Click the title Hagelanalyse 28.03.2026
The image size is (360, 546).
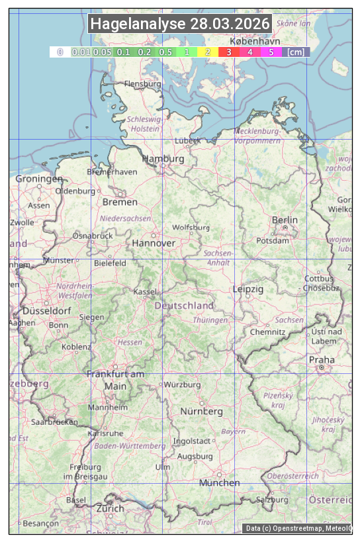coord(180,24)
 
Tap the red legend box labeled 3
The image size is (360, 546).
coord(228,52)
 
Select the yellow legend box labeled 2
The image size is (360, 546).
coord(208,52)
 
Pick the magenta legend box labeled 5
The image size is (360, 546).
coord(271,52)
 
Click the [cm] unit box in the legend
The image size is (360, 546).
coord(296,52)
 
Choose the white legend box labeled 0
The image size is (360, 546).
coord(60,52)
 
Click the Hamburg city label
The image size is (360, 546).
coord(163,159)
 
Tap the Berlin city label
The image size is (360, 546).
coord(285,220)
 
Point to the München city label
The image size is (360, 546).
coord(219,483)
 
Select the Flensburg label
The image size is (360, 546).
coord(142,84)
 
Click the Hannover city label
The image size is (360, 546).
coord(154,243)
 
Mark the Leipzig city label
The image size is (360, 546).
coord(248,289)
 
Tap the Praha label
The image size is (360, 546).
coord(322,359)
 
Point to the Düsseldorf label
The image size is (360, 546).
coord(47,311)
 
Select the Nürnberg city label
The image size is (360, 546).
coord(202,411)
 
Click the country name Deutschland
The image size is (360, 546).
coord(184,305)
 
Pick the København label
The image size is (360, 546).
coord(255,40)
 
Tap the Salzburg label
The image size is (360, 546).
coord(273,500)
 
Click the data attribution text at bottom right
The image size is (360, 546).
coord(298,528)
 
